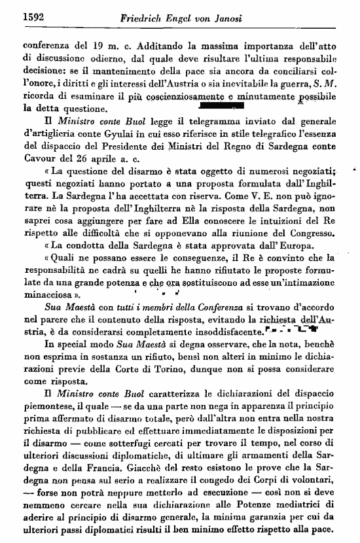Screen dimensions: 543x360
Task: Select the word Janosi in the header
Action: pos(242,17)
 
